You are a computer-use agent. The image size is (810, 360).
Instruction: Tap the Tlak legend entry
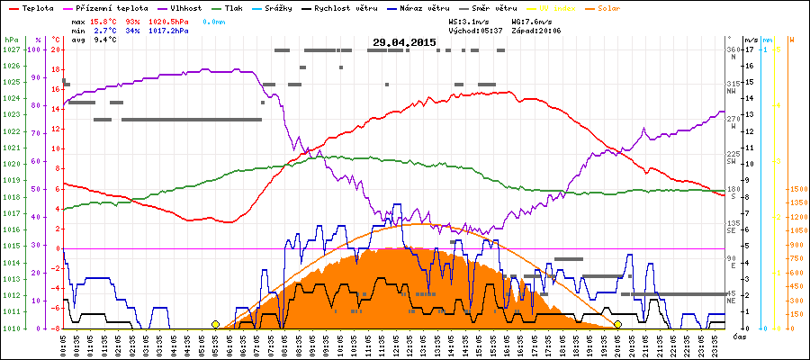coord(238,6)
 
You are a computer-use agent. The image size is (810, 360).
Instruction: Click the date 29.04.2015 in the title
coord(404,42)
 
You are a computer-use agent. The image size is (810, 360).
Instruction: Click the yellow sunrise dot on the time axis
coord(215,324)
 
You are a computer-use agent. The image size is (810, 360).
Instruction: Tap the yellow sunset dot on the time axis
coord(618,324)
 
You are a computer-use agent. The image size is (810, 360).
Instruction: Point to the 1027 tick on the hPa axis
coord(11,49)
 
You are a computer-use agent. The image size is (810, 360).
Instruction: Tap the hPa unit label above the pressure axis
coord(11,40)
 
